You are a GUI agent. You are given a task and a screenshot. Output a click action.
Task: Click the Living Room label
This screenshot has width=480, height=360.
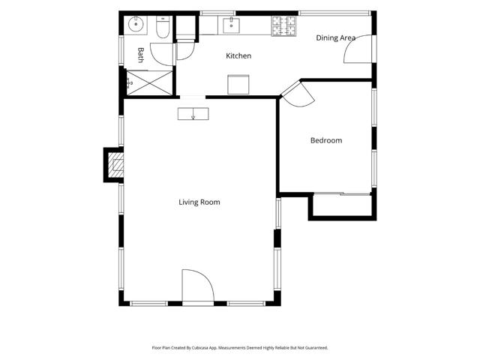click(199, 202)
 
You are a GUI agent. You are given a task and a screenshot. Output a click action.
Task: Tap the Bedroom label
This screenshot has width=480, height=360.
click(326, 140)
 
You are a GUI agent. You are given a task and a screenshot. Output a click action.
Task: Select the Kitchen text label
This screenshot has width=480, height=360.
click(238, 55)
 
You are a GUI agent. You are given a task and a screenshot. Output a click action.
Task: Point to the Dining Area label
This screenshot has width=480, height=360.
click(335, 38)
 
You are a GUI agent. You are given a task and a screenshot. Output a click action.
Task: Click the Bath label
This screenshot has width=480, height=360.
click(141, 55)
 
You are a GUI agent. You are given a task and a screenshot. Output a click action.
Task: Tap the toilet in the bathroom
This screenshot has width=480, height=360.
click(163, 27)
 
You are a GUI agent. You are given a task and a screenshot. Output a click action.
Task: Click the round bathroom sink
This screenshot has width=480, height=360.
click(136, 24)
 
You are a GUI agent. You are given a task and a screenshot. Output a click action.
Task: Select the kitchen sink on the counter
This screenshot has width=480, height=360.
click(231, 25)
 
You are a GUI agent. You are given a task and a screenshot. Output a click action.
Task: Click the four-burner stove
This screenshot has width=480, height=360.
click(284, 25)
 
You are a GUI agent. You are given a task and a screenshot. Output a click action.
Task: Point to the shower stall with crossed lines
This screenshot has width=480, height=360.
click(150, 82)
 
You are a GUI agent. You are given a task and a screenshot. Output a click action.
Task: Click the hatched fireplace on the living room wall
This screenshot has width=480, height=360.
click(116, 165)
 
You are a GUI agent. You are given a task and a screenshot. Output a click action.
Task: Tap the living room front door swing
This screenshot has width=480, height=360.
click(198, 286)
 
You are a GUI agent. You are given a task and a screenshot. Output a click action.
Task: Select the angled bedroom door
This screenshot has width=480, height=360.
click(298, 94)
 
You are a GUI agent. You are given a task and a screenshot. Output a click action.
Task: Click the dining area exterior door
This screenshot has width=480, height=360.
click(358, 49)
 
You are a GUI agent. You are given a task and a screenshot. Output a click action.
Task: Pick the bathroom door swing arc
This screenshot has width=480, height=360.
click(163, 54)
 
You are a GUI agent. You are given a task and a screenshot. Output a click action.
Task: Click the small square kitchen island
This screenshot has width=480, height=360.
click(238, 85)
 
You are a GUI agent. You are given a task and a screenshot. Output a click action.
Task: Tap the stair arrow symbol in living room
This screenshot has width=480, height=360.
click(193, 114)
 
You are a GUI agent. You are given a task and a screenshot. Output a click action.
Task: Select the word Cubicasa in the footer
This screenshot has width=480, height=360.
click(200, 348)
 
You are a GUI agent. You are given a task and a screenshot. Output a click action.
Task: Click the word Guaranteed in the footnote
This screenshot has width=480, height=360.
click(318, 348)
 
